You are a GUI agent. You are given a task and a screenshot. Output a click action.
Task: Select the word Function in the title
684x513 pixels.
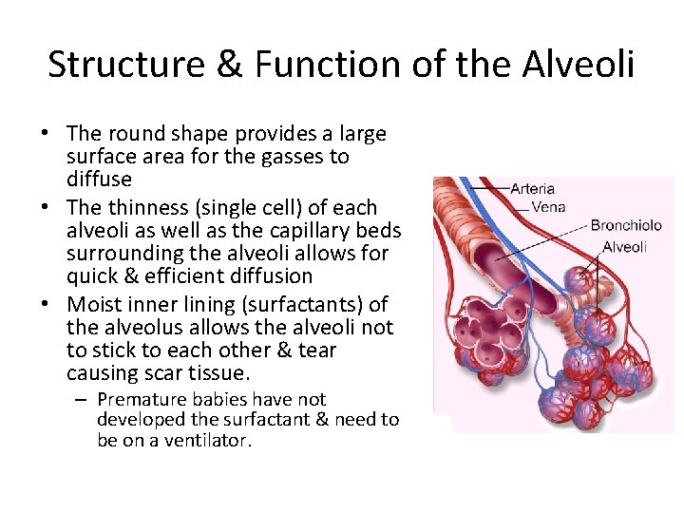(321, 65)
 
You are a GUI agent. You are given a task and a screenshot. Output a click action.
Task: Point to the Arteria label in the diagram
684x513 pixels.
(532, 188)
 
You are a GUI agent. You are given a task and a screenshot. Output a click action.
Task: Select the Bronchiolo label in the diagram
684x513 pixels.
(627, 226)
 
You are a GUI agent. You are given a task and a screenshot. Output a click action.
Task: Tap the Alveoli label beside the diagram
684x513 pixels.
(624, 247)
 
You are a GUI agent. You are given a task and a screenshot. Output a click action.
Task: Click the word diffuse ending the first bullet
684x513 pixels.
(99, 180)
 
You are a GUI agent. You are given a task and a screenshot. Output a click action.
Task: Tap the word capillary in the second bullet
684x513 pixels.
(308, 231)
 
